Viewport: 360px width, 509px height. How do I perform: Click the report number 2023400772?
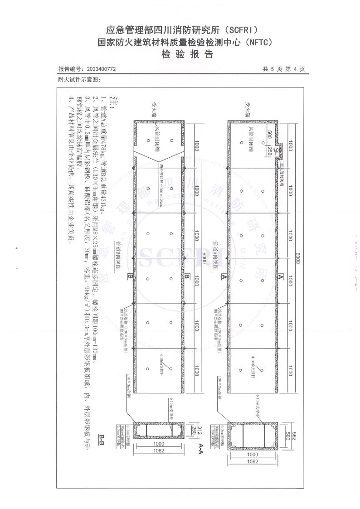[x=100, y=69]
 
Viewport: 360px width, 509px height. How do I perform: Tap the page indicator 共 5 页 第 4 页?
[x=283, y=69]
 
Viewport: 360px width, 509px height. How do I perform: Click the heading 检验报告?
[x=180, y=54]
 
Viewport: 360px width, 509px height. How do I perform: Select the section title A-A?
[x=199, y=448]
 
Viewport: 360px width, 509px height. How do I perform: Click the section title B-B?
[x=102, y=439]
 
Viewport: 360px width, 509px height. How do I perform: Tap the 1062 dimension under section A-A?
[x=253, y=461]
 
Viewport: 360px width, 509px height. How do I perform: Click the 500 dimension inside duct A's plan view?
[x=269, y=135]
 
